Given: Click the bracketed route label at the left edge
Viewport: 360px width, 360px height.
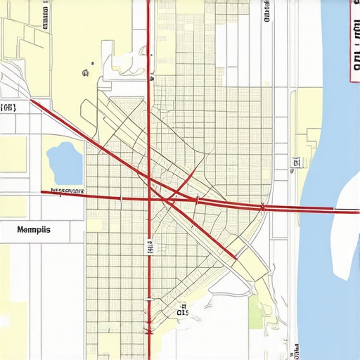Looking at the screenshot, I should tap(9, 108).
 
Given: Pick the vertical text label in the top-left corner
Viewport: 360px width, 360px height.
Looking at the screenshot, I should tap(46, 14).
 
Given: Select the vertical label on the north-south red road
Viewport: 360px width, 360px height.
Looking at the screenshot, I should tap(149, 246).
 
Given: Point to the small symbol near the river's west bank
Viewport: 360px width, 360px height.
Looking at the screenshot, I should tap(295, 163).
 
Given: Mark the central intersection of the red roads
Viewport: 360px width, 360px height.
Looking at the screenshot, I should tap(149, 200).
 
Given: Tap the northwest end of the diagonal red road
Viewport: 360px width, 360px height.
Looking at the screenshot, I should tap(32, 102).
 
